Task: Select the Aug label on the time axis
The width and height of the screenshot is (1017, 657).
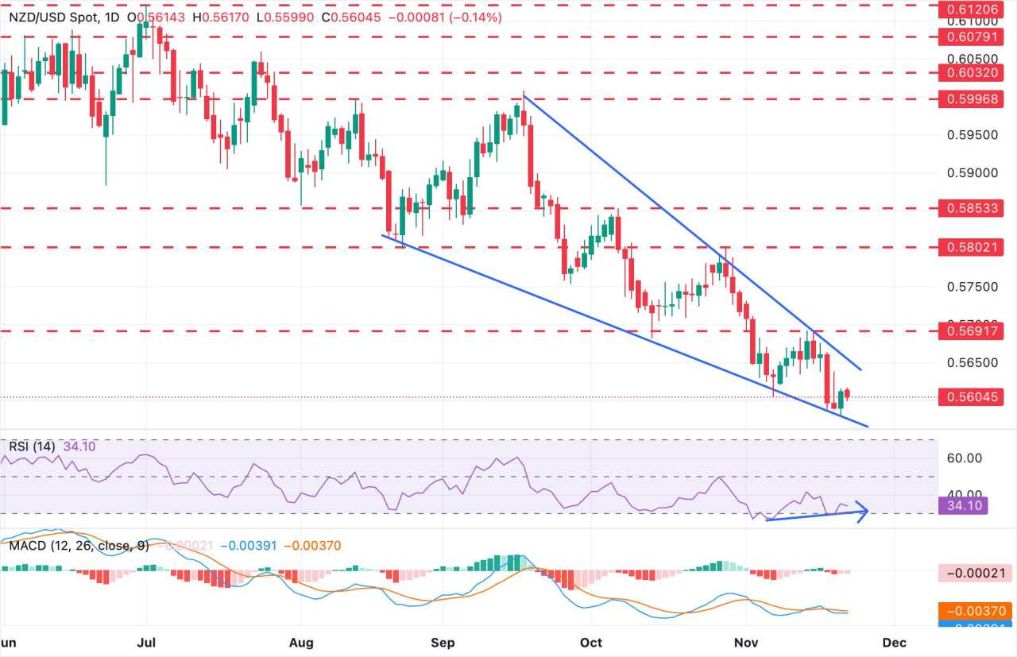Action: pyautogui.click(x=301, y=641)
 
